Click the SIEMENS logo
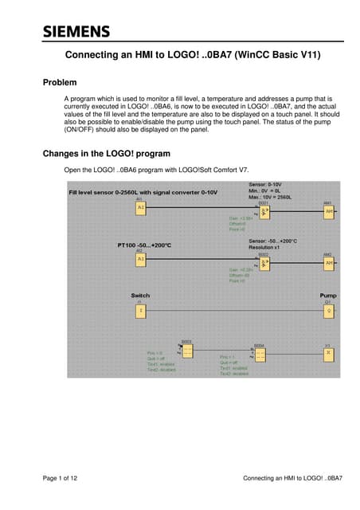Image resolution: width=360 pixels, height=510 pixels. coord(76,32)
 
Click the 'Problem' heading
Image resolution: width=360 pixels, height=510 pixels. coord(60,82)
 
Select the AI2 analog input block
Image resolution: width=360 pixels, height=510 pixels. coord(140,259)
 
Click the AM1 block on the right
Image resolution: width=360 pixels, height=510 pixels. coord(327,211)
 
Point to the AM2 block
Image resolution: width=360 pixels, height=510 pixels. coord(327,263)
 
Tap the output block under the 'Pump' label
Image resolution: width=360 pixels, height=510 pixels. coord(327,310)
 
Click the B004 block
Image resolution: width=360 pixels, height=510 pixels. coord(259,355)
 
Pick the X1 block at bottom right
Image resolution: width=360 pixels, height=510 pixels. coord(327,353)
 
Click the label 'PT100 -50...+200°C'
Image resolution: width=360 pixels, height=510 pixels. coord(146,245)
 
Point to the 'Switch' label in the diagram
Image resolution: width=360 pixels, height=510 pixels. coord(139,296)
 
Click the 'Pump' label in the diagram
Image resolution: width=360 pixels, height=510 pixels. coord(327,295)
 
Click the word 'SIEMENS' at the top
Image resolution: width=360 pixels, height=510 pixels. coord(76,32)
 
